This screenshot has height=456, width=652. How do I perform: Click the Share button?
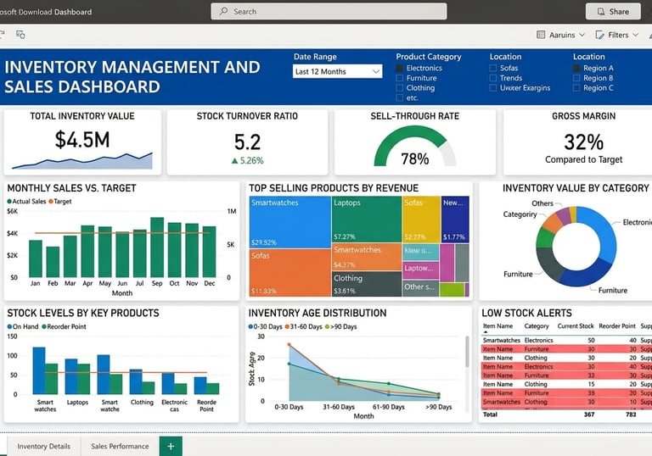click(x=613, y=11)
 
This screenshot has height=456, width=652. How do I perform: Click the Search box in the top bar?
click(x=329, y=11)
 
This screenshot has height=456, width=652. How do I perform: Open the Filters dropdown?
click(x=617, y=35)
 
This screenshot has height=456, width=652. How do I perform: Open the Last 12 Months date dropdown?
click(x=338, y=72)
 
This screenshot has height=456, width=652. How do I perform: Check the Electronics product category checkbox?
click(x=401, y=68)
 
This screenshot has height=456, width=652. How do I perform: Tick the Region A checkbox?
click(x=577, y=68)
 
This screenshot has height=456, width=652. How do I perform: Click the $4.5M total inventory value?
click(x=82, y=140)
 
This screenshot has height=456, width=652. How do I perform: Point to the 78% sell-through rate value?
click(x=414, y=158)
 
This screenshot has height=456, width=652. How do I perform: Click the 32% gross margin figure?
click(x=583, y=142)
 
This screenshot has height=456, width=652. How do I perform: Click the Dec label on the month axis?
click(x=209, y=283)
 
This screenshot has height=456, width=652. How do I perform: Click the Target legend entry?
click(x=59, y=202)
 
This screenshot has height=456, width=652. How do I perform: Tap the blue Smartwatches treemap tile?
click(x=289, y=220)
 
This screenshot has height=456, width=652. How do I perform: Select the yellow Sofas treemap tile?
click(x=421, y=219)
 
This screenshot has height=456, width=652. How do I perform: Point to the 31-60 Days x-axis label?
click(x=339, y=407)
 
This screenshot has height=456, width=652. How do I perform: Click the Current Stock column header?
click(x=575, y=326)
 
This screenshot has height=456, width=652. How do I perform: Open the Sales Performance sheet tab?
click(x=119, y=446)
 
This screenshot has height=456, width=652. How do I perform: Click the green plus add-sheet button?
click(x=170, y=446)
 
